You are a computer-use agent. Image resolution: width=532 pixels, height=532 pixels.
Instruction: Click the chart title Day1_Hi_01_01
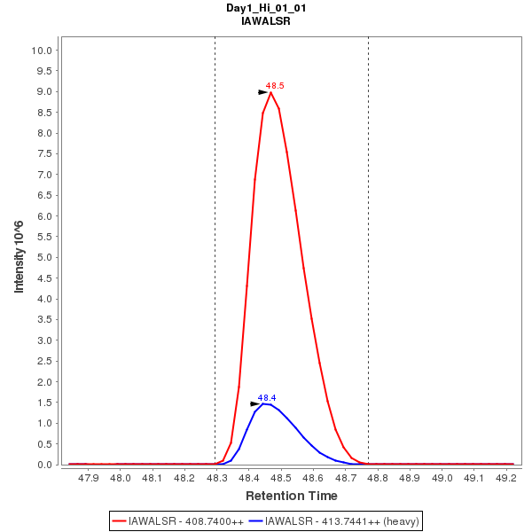pyautogui.click(x=266, y=8)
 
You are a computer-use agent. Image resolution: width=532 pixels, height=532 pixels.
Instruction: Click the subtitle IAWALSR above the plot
pyautogui.click(x=266, y=20)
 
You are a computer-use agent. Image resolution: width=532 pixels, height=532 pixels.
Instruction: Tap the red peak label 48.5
pyautogui.click(x=275, y=86)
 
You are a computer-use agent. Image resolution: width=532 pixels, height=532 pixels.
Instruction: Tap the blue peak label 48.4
pyautogui.click(x=267, y=398)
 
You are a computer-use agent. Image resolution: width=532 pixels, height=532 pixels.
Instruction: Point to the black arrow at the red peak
pyautogui.click(x=262, y=92)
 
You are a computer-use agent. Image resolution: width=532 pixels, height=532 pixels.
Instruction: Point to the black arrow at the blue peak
pyautogui.click(x=255, y=403)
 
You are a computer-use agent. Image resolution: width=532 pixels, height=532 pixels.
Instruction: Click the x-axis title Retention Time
pyautogui.click(x=291, y=496)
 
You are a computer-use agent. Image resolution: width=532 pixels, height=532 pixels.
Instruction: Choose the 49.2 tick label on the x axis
pyautogui.click(x=506, y=478)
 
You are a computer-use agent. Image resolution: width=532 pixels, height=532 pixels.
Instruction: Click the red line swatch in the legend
pyautogui.click(x=119, y=520)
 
